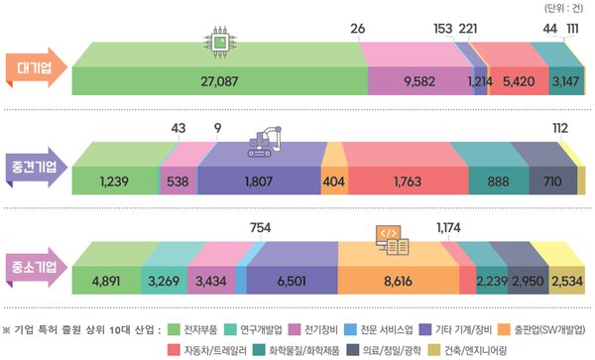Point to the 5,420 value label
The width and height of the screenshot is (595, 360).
520,81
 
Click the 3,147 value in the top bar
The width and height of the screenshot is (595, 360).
565,81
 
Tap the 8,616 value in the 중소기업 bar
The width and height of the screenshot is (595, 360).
397,282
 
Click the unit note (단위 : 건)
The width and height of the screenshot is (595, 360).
565,9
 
